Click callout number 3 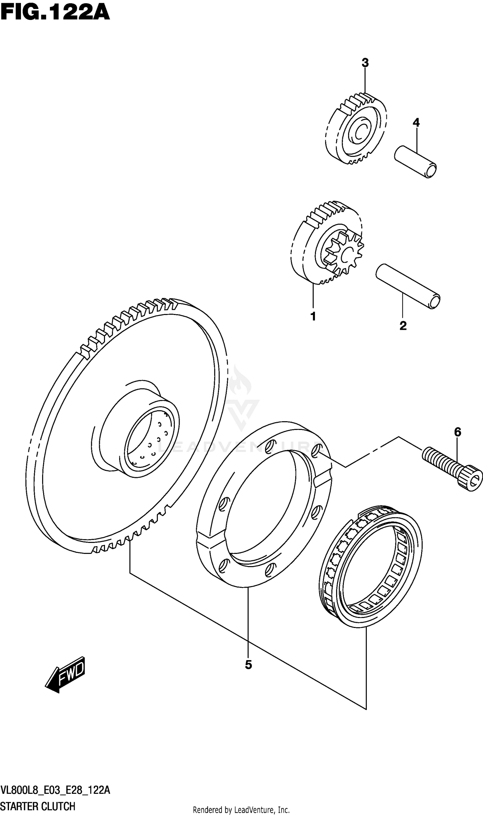[365, 63]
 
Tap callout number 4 [416, 123]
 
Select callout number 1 [313, 316]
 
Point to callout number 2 [403, 326]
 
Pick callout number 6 [457, 432]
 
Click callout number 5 [248, 665]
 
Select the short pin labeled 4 [415, 161]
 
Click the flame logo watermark [240, 383]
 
